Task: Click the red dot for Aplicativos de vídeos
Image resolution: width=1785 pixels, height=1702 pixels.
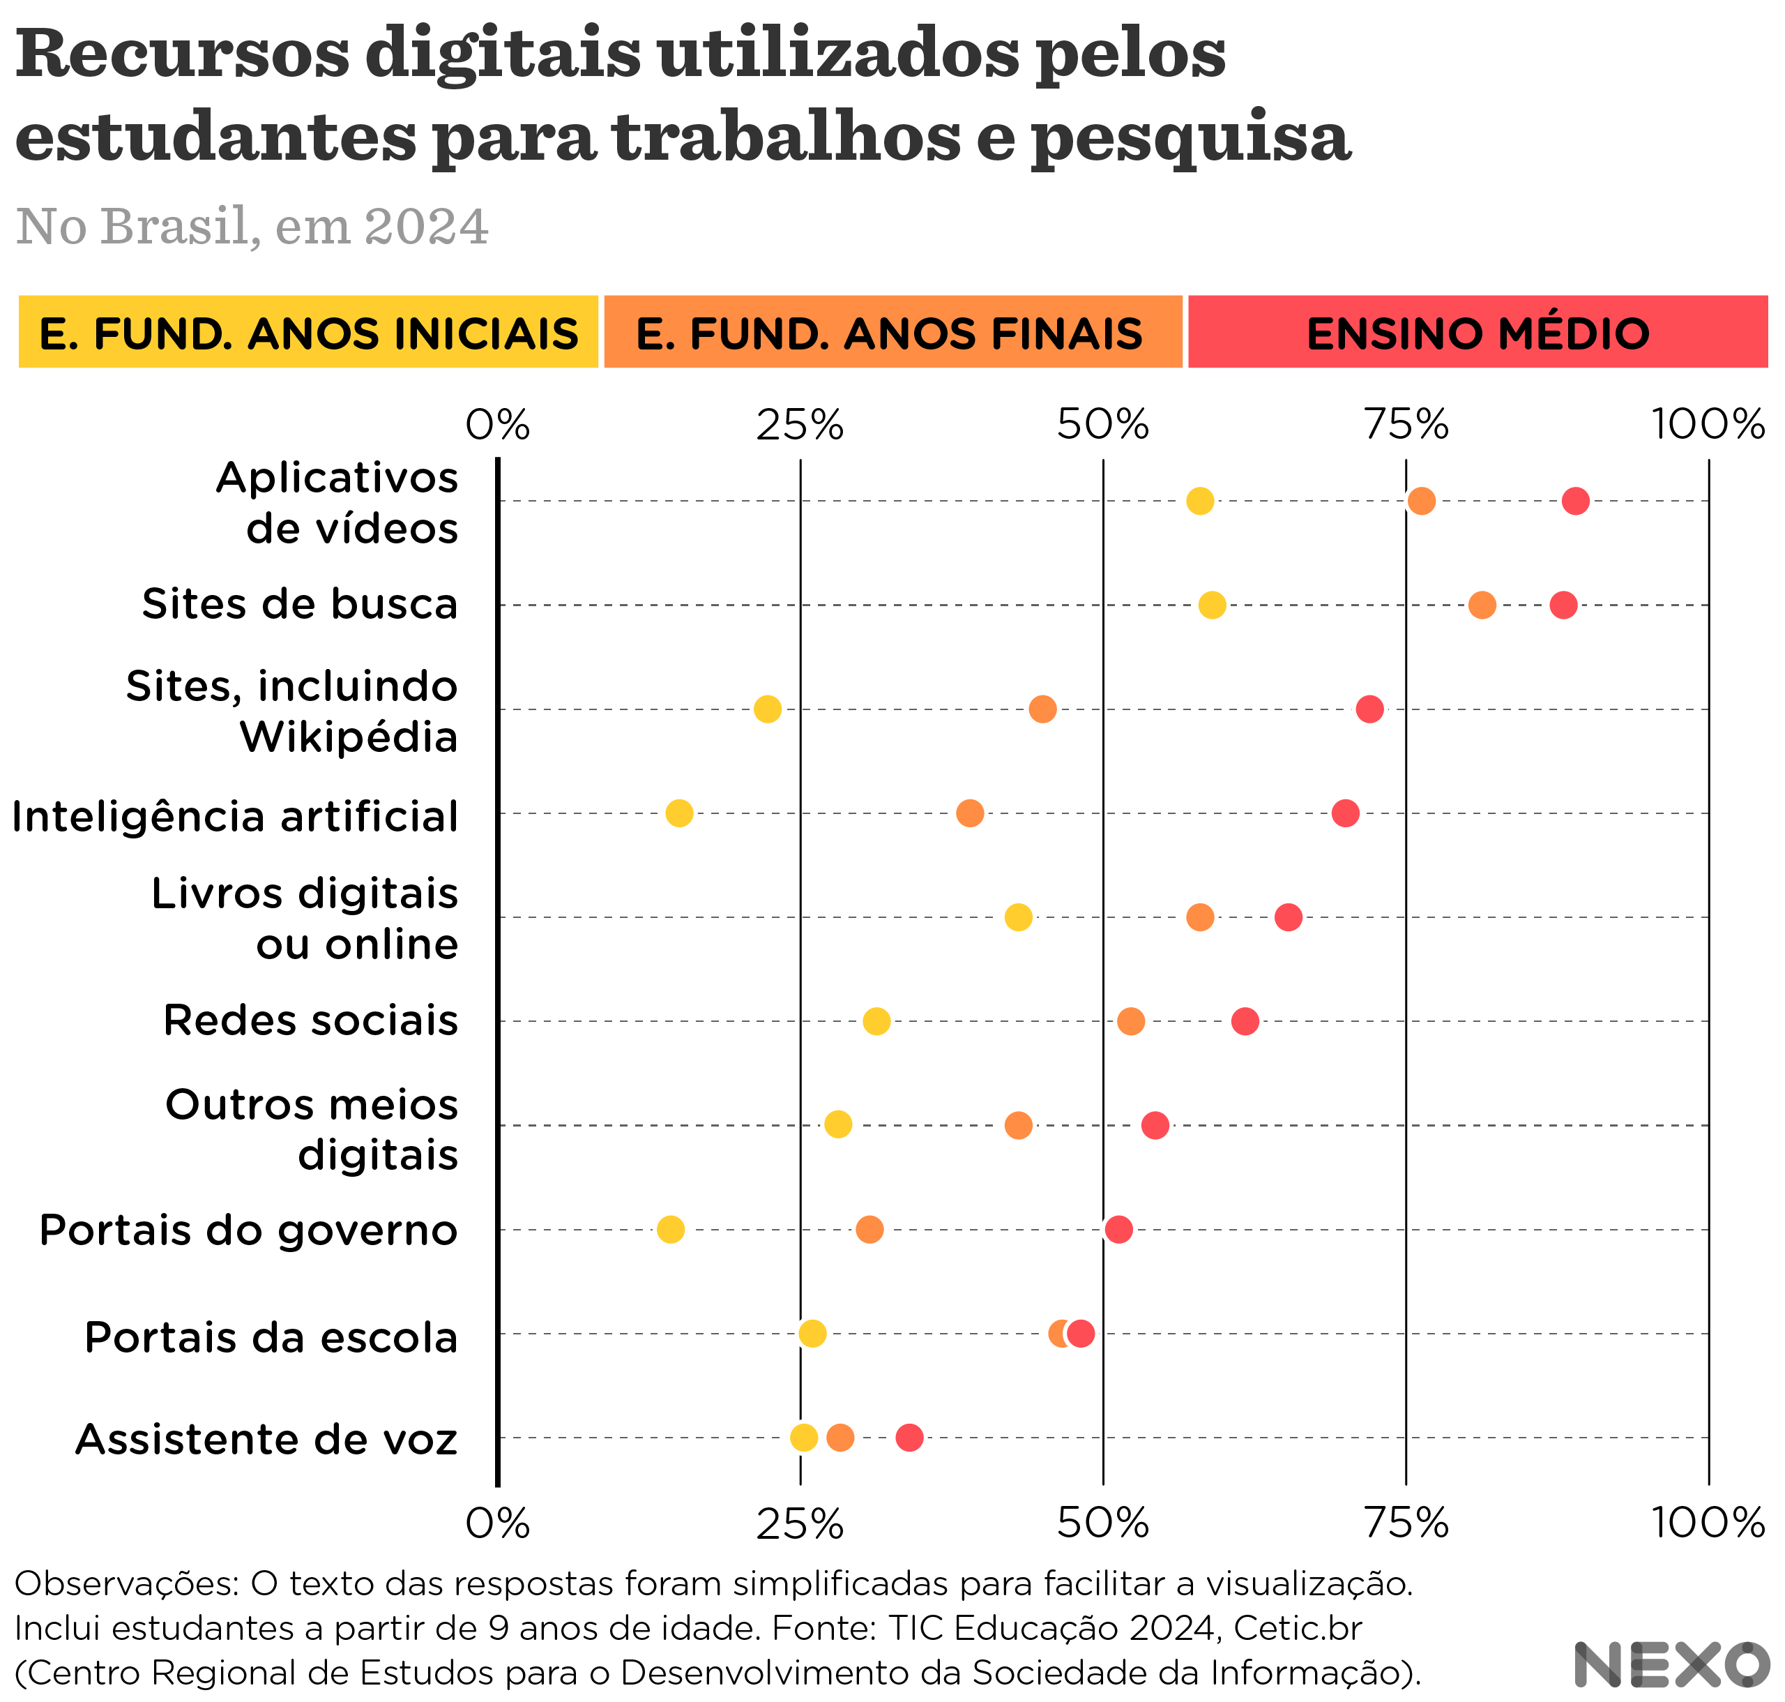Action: tap(1576, 501)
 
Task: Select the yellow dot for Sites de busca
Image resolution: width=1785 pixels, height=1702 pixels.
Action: tap(1212, 605)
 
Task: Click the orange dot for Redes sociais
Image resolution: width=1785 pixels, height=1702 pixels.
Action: tap(1130, 1022)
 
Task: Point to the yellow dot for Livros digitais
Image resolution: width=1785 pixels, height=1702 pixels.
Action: tap(1019, 917)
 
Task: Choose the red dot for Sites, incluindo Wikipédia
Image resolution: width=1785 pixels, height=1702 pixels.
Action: tap(1369, 709)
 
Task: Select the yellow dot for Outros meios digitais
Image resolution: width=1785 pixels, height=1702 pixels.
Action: tap(838, 1125)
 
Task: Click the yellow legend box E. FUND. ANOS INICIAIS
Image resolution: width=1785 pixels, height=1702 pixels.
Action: tap(308, 332)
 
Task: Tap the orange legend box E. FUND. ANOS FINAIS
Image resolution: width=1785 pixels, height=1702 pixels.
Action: tap(893, 332)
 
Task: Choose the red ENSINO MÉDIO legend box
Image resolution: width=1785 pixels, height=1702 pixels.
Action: tap(1478, 332)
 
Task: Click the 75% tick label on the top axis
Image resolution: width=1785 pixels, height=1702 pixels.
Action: tap(1407, 423)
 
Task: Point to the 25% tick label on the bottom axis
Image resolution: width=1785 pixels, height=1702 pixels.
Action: tap(800, 1523)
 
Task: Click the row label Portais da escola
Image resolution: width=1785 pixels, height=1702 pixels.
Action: tap(271, 1337)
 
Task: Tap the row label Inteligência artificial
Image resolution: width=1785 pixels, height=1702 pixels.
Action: tap(235, 817)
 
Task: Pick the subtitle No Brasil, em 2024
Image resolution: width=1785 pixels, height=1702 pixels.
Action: tap(252, 226)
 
